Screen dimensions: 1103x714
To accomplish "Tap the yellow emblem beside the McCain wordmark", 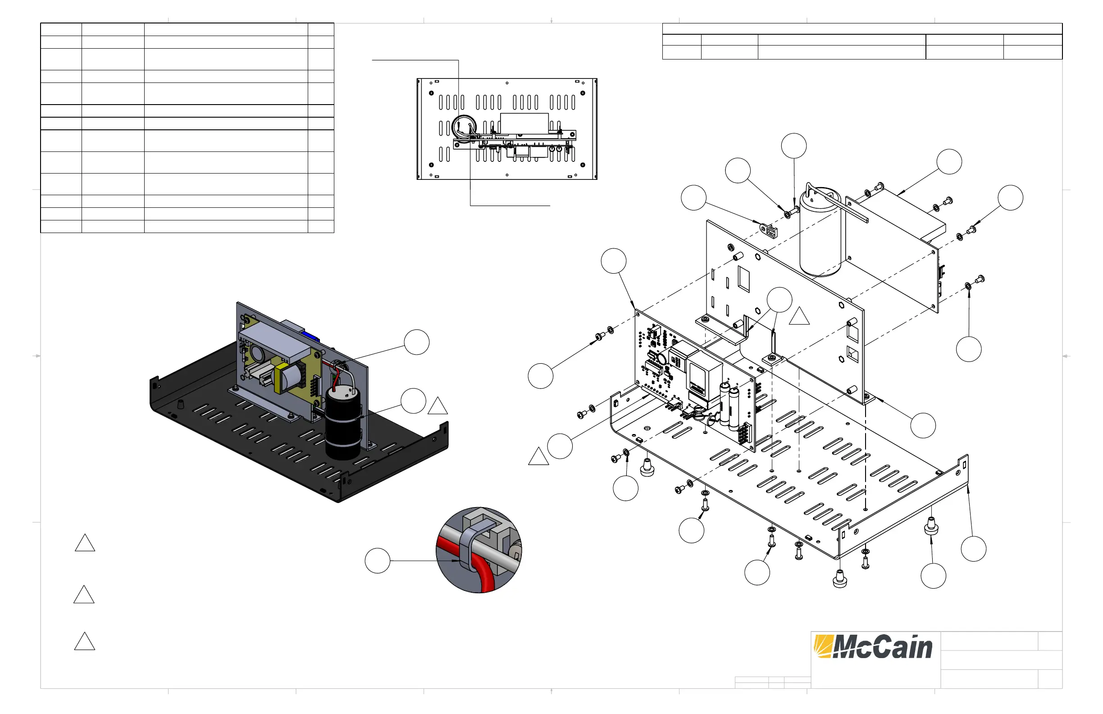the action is [x=823, y=646].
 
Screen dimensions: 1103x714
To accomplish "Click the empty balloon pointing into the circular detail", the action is [x=377, y=561].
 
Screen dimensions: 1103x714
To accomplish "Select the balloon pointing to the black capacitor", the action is [x=413, y=401].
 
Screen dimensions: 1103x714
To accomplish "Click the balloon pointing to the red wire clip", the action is [x=416, y=342].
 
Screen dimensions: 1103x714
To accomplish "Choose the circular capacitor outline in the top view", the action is [x=464, y=128].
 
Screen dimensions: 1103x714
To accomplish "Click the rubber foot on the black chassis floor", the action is [x=180, y=402].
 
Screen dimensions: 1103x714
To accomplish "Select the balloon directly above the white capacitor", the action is [x=793, y=146].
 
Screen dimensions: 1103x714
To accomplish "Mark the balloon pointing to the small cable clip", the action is [x=693, y=197].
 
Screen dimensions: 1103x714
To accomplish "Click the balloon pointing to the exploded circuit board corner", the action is [x=613, y=261].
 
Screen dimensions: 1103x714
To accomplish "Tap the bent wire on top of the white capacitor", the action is [x=834, y=199].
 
